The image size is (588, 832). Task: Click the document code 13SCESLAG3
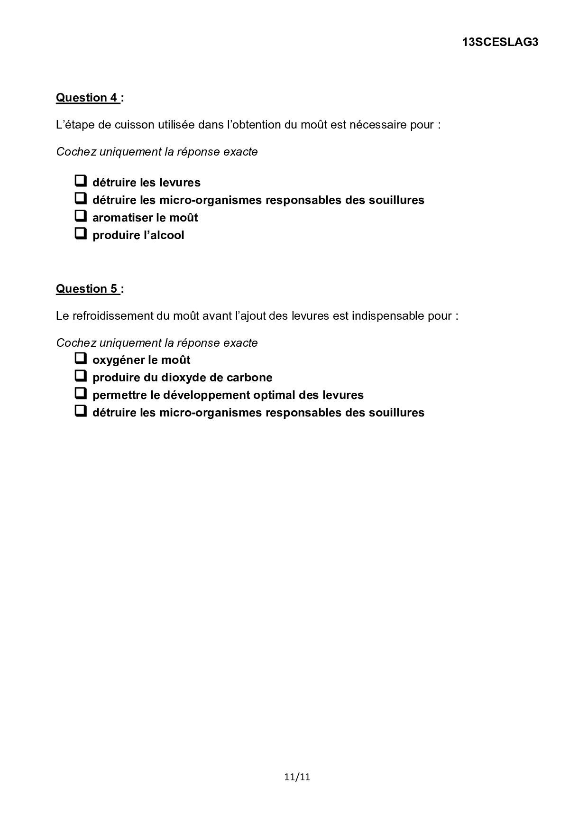pos(500,42)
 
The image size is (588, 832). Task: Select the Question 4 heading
pos(87,98)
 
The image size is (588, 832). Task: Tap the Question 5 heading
pos(87,289)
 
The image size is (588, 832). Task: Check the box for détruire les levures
pos(81,181)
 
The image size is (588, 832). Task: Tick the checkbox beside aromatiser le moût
pos(81,216)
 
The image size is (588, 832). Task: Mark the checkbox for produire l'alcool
pos(81,233)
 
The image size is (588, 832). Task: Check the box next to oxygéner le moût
pos(81,358)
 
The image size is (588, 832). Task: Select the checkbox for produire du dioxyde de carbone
pos(81,376)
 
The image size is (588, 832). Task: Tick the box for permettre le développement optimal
pos(81,393)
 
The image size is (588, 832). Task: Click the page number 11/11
pos(297,777)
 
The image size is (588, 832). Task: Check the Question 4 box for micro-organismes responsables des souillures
pos(81,198)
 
